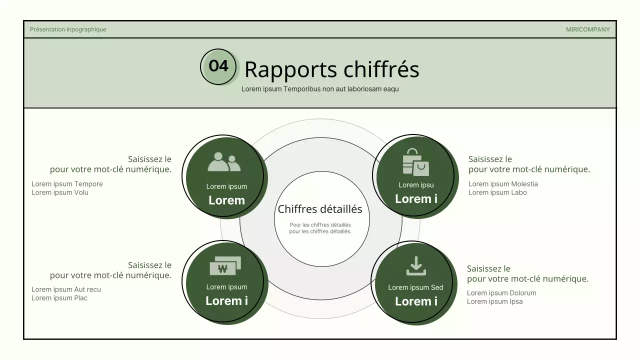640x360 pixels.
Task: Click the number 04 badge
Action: click(x=218, y=66)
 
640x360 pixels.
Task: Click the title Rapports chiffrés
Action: click(x=331, y=69)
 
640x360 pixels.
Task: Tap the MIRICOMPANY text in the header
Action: click(x=587, y=29)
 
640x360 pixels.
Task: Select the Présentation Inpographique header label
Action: click(x=68, y=29)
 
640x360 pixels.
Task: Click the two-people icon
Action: click(x=224, y=162)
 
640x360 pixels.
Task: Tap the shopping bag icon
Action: click(x=415, y=162)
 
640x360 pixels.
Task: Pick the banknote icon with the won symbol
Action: click(x=225, y=266)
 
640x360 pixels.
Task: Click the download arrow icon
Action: click(x=416, y=266)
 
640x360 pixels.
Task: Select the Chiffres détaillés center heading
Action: click(x=320, y=209)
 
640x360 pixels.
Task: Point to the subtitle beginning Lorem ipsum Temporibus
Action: click(x=320, y=89)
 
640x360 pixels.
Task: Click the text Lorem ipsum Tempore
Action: click(x=67, y=184)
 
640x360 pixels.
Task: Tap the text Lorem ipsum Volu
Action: click(x=59, y=192)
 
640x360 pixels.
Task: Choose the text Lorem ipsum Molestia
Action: click(x=503, y=184)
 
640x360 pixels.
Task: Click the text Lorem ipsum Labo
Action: click(x=497, y=192)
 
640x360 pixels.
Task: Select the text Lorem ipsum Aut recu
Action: click(x=66, y=289)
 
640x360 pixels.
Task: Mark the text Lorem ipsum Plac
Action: click(x=59, y=298)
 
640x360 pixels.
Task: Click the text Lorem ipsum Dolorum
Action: click(x=501, y=293)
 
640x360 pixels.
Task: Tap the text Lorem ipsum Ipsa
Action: click(x=494, y=301)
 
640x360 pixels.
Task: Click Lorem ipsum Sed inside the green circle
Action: click(x=415, y=287)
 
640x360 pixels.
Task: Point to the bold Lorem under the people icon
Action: click(x=226, y=200)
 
